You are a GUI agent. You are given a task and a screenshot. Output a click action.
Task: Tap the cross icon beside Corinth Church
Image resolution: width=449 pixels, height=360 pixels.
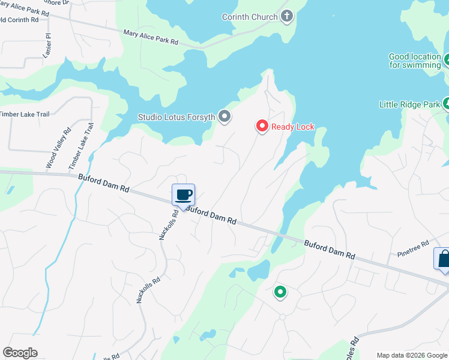click(x=286, y=16)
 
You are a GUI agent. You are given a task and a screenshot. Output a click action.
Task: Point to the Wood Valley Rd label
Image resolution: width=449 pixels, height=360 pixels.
click(x=58, y=148)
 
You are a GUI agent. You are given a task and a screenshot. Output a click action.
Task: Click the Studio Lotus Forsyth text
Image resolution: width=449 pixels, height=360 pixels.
click(x=176, y=117)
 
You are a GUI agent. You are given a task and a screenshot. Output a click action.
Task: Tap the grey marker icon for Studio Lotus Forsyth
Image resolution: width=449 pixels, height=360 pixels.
click(x=224, y=116)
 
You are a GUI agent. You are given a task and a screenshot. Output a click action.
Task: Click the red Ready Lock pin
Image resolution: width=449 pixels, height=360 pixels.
click(x=262, y=126)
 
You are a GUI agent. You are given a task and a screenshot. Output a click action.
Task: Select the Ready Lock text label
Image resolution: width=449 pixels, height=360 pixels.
click(x=293, y=127)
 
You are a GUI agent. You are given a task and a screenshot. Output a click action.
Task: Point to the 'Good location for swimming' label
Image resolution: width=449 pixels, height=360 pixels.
click(x=415, y=61)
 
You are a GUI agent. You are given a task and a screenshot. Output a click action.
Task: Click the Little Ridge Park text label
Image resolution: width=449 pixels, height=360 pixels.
click(x=409, y=104)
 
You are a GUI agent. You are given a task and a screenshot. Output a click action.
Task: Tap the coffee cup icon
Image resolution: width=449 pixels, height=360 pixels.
click(x=184, y=195)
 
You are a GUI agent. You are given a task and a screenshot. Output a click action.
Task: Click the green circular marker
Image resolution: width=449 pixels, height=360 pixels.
click(x=280, y=292)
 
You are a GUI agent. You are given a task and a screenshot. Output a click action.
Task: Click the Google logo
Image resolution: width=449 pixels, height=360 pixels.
click(x=20, y=353)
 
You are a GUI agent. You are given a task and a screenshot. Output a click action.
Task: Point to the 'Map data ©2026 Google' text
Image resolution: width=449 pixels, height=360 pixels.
click(x=412, y=355)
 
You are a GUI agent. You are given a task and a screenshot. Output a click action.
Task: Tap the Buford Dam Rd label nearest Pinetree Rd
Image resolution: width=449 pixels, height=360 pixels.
click(x=330, y=249)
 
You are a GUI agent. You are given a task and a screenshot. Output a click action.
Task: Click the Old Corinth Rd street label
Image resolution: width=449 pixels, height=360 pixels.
click(x=19, y=20)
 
